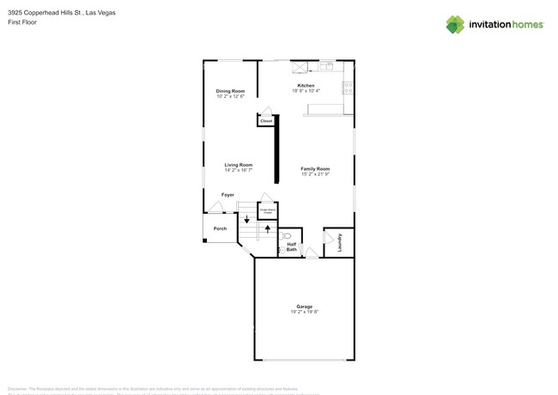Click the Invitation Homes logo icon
455,24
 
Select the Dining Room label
230,91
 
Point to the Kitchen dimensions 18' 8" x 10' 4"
305,91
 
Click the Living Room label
238,165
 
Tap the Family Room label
315,169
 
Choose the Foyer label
227,195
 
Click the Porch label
220,228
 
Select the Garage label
304,307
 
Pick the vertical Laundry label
340,241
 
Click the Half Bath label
291,246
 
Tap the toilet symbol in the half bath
288,234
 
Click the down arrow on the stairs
246,219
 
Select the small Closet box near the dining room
266,121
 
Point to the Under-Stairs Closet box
267,210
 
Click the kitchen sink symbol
326,65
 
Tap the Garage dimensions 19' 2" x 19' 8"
304,312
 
